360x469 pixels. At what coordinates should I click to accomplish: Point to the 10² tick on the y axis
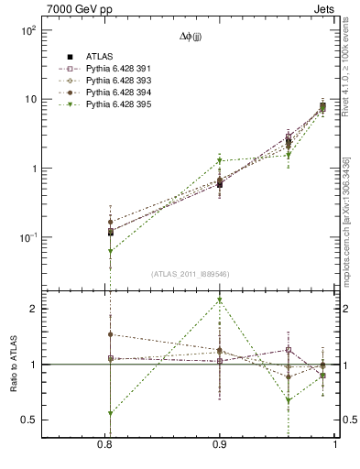(27, 30)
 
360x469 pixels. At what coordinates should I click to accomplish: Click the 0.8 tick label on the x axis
(109, 445)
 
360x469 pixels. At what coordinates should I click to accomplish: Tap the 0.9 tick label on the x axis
(220, 445)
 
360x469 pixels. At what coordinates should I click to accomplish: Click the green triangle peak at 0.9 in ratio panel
(220, 300)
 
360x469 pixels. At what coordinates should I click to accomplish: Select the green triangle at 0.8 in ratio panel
(110, 413)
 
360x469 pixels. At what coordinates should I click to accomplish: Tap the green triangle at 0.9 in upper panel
(220, 161)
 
